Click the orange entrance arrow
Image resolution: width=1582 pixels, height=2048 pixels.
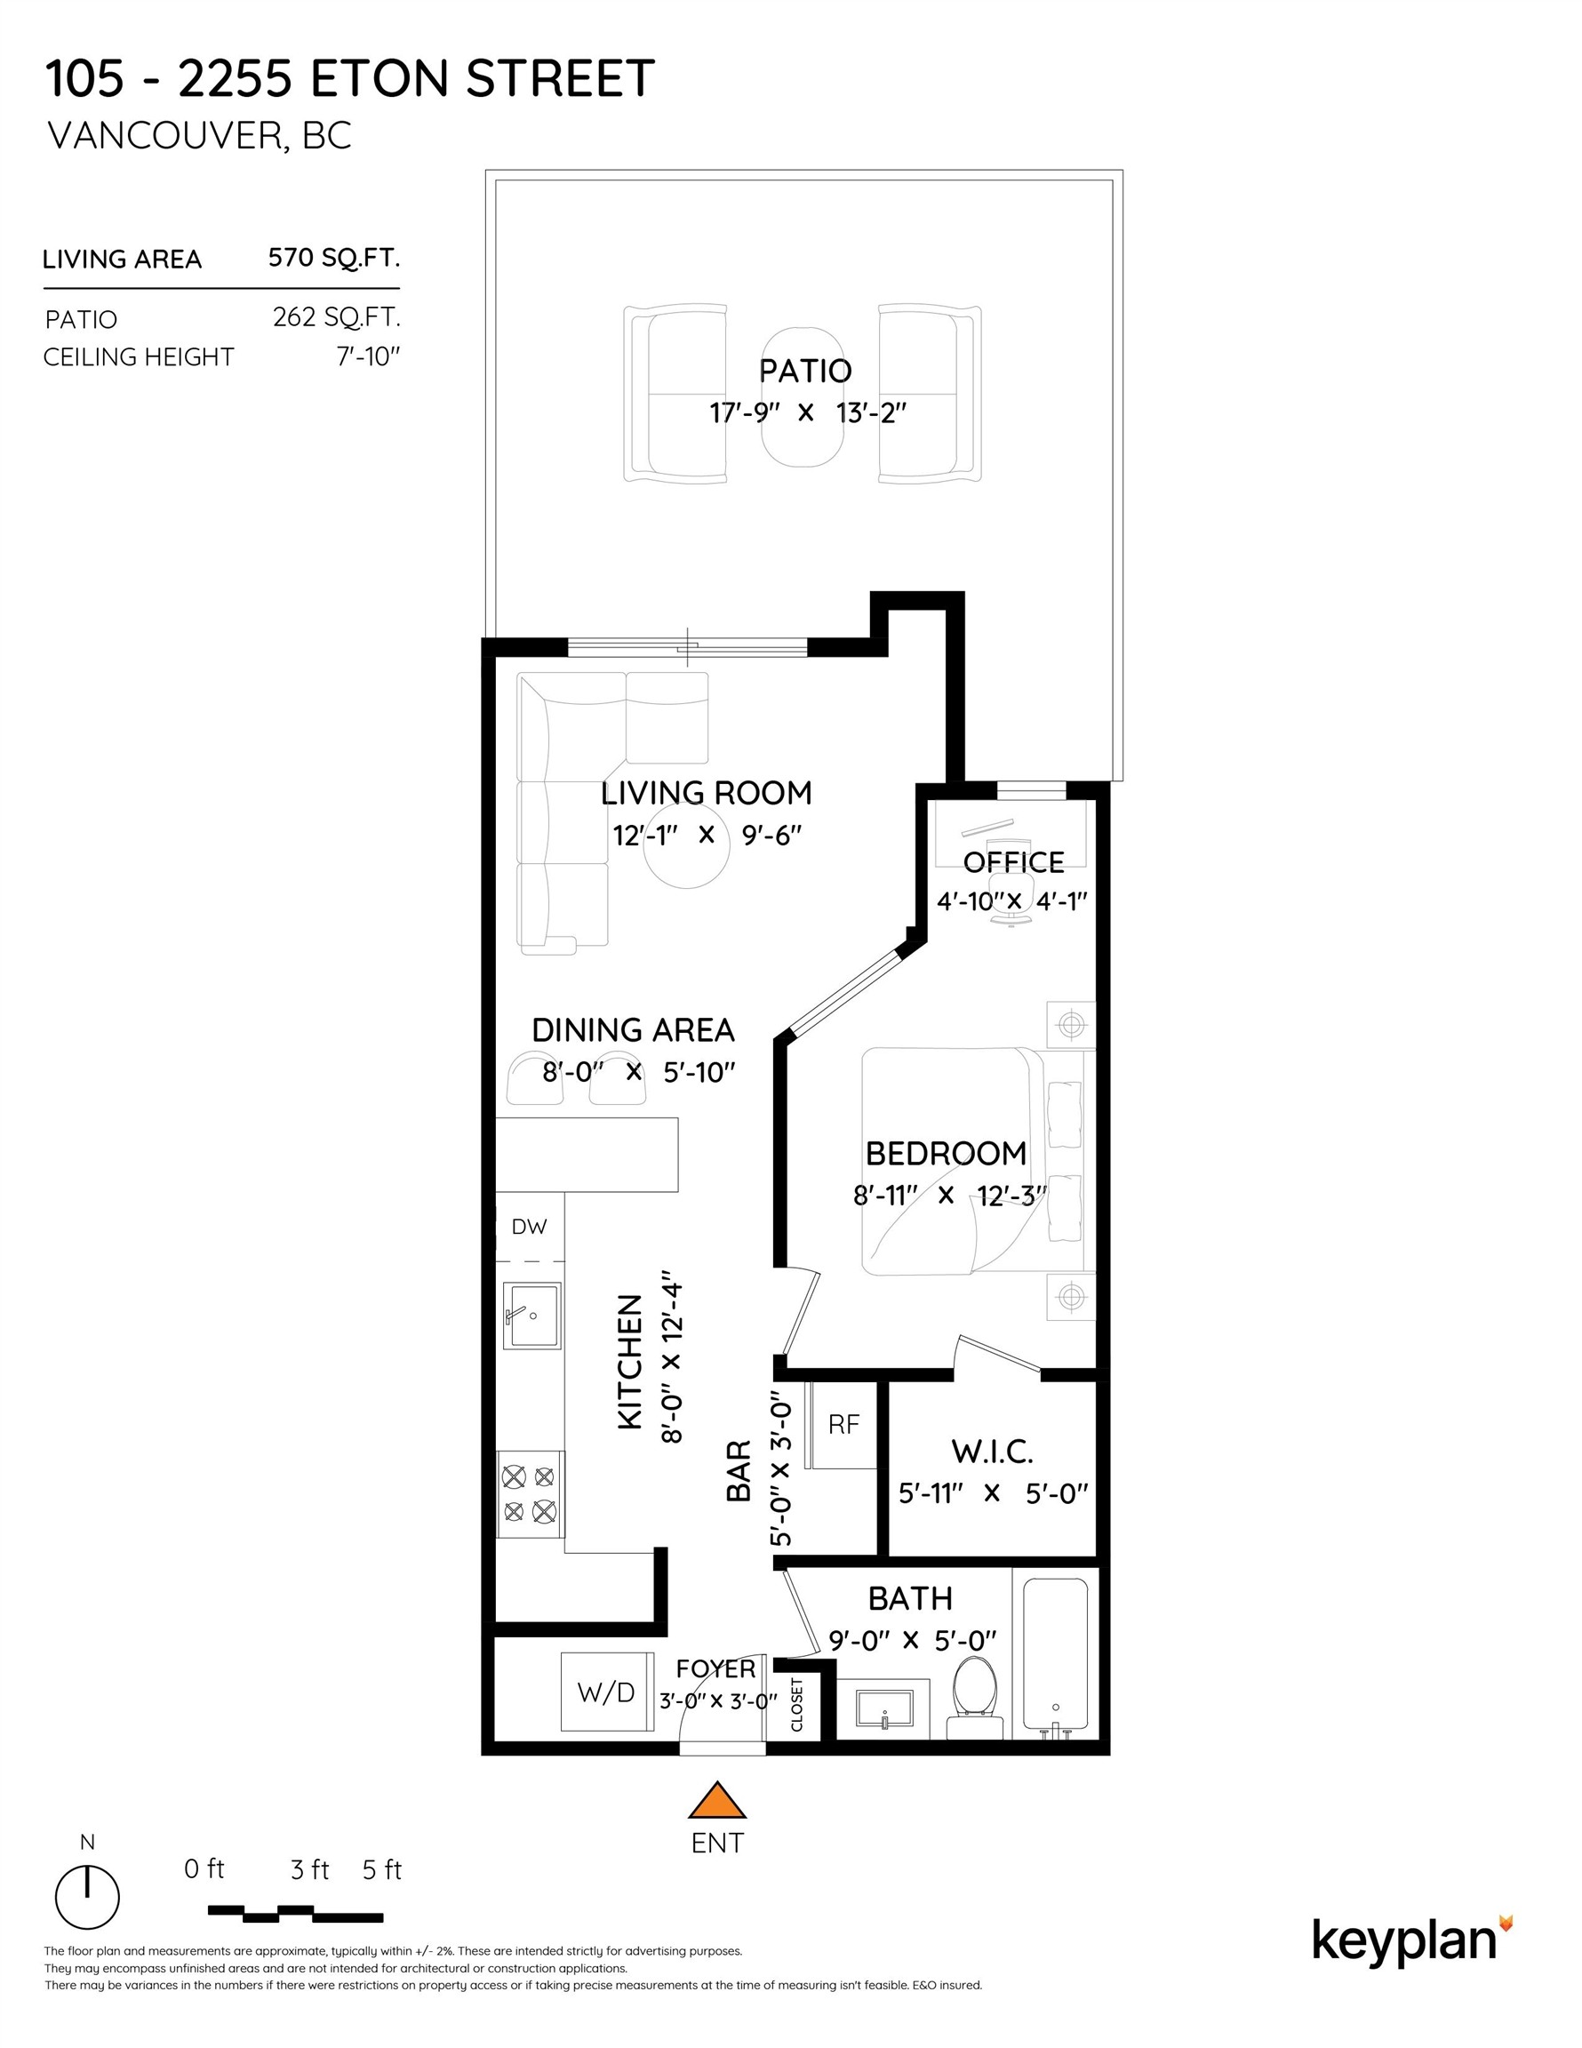pyautogui.click(x=716, y=1802)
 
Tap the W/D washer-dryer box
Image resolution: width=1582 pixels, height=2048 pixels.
pyautogui.click(x=607, y=1692)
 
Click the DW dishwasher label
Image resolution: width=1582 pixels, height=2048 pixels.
pyautogui.click(x=529, y=1227)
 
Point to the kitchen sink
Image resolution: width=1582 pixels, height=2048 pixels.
pyautogui.click(x=531, y=1315)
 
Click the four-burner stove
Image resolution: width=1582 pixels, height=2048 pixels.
pyautogui.click(x=529, y=1494)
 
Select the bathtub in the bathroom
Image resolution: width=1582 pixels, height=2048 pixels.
pyautogui.click(x=1055, y=1655)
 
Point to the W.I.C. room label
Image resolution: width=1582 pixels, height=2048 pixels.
pyautogui.click(x=992, y=1452)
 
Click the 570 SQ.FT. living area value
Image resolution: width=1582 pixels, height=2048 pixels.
pyautogui.click(x=334, y=258)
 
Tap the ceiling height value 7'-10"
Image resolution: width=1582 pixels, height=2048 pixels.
pyautogui.click(x=369, y=357)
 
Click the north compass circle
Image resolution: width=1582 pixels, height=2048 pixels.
pyautogui.click(x=87, y=1897)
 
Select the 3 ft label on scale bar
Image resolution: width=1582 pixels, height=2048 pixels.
pyautogui.click(x=309, y=1871)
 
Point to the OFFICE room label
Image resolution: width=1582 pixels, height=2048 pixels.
pyautogui.click(x=1013, y=861)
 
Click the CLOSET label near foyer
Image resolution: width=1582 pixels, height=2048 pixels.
pyautogui.click(x=797, y=1704)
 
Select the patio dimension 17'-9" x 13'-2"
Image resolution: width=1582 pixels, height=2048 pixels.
pyautogui.click(x=807, y=412)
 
